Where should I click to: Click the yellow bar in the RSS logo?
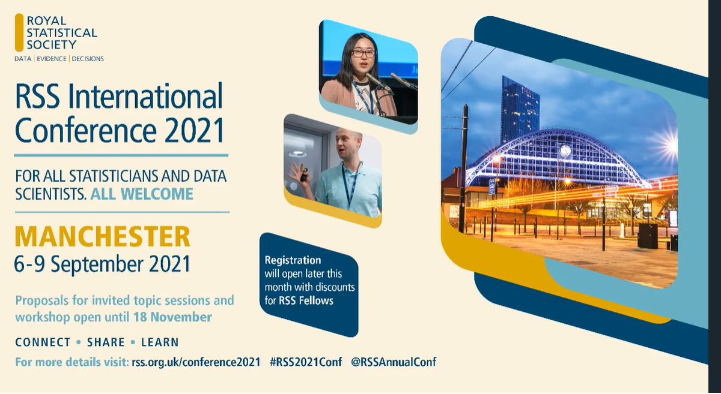(x=19, y=32)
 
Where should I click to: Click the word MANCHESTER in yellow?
(x=102, y=237)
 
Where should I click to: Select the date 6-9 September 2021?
(x=102, y=264)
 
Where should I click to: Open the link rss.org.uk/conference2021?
(x=196, y=362)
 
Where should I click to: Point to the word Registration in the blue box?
(x=293, y=260)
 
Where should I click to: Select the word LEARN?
(x=160, y=342)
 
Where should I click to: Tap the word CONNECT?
(x=43, y=342)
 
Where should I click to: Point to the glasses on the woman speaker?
(x=364, y=53)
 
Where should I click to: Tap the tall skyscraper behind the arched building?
(x=520, y=108)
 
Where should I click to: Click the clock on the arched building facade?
(x=565, y=151)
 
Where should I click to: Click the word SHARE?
(x=106, y=342)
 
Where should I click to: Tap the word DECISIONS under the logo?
(x=88, y=59)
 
